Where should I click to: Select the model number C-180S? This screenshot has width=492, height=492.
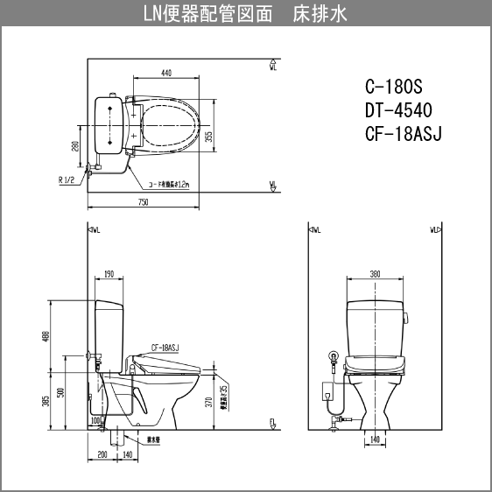pos(393,88)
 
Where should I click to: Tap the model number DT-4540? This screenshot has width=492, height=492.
pos(398,110)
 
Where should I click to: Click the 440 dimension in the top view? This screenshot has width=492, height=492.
pos(165,74)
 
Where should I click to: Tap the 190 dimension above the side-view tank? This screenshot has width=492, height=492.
pos(109,274)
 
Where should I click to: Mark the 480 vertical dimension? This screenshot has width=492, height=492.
pos(46,335)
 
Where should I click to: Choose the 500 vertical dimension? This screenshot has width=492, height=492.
pos(60,392)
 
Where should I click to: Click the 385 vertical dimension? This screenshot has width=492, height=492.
pos(46,401)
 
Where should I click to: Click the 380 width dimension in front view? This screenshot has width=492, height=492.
pos(375,274)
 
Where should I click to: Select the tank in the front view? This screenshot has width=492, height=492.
pos(375,325)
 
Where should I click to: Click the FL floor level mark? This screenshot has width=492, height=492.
pos(272,423)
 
